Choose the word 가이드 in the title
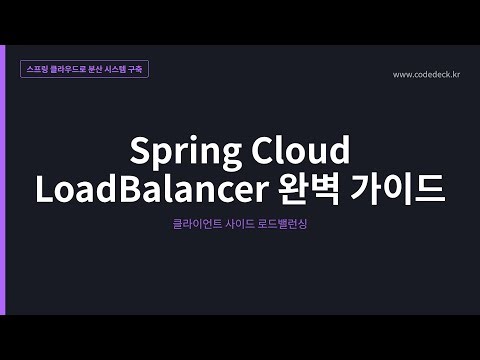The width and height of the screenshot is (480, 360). (400, 189)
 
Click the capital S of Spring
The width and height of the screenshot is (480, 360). (141, 151)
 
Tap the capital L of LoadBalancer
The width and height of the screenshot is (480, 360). (44, 189)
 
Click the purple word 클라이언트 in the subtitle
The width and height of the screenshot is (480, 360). (195, 226)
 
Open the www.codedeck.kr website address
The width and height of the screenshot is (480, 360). (426, 74)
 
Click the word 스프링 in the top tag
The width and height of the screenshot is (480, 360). (42, 71)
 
